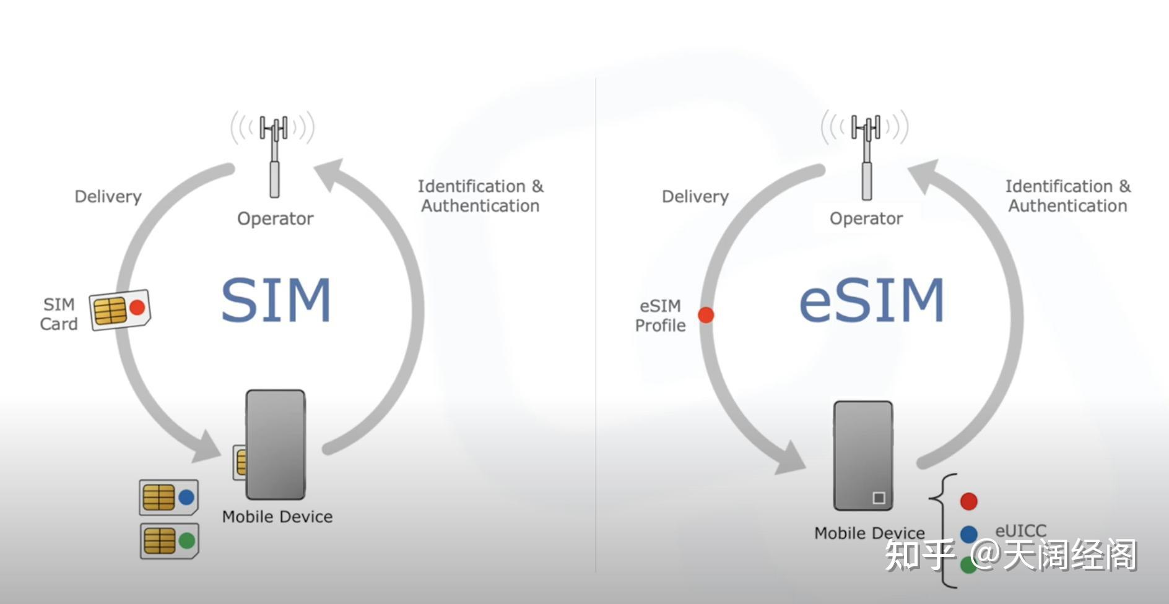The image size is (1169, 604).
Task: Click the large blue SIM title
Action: point(276,300)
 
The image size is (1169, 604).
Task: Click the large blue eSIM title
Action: point(871,300)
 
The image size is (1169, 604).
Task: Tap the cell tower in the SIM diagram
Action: point(273,155)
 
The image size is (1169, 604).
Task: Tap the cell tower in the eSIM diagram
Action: point(866,155)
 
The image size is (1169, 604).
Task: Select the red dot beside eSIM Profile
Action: point(706,315)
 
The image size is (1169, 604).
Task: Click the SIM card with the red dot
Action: point(120,309)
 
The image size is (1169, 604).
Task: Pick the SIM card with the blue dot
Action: point(168,497)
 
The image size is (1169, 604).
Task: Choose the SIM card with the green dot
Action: point(169,541)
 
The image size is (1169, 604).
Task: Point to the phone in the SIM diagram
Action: point(276,444)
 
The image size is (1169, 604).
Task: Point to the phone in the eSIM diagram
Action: point(863,455)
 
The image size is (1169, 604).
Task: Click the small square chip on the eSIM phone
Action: point(878,498)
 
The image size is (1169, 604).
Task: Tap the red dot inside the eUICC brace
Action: point(968,501)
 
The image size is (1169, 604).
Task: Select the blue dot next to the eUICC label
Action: point(968,533)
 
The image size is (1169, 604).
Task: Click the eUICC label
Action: point(1020,530)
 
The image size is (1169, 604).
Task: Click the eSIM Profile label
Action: point(660,316)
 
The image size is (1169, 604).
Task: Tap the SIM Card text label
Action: point(59,314)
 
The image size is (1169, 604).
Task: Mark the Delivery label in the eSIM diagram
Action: point(695,197)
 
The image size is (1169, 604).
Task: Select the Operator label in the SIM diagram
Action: point(275,218)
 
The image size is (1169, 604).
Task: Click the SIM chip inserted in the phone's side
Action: point(240,462)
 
